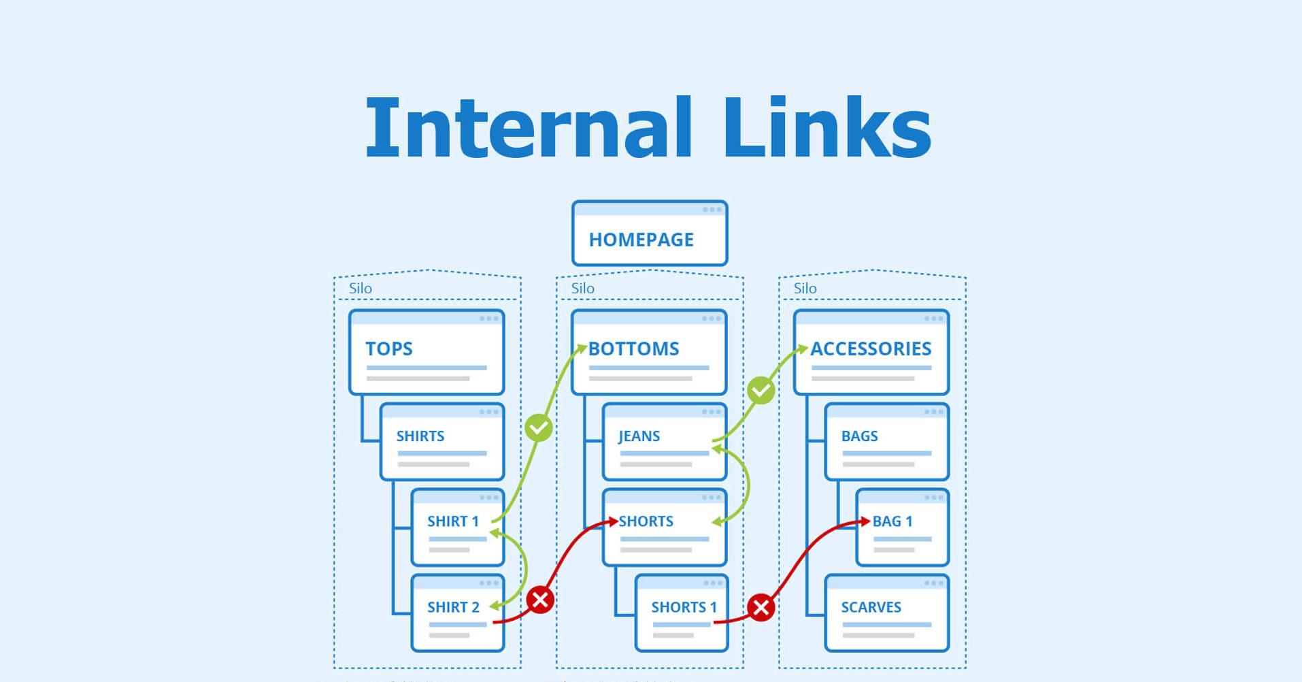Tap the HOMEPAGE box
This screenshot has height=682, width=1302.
point(650,233)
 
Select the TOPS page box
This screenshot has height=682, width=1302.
point(427,353)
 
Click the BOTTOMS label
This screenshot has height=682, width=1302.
point(633,348)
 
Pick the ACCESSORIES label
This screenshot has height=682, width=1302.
point(871,348)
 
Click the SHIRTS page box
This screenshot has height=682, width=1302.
point(442,442)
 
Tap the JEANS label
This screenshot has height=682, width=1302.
point(639,436)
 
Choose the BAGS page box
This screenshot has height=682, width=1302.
point(886,442)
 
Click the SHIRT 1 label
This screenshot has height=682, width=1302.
point(453,521)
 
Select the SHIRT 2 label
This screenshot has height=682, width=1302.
point(453,607)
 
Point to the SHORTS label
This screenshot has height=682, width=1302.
point(646,521)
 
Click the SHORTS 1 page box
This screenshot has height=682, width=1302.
point(682,613)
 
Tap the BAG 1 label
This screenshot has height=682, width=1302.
point(892,521)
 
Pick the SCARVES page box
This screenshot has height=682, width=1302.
point(886,613)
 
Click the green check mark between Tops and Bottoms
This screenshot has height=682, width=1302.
point(539,428)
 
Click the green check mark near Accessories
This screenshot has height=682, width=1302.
point(761,391)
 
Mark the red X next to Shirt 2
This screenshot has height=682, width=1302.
point(540,600)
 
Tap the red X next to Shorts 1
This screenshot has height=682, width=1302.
point(761,607)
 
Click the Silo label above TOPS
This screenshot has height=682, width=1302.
point(361,289)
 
